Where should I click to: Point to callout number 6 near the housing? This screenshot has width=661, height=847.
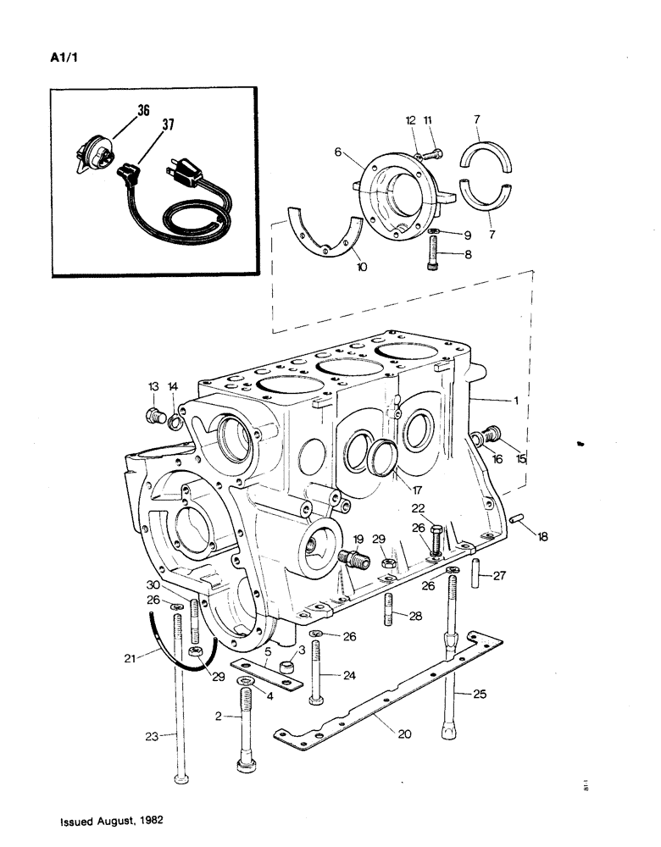(x=337, y=152)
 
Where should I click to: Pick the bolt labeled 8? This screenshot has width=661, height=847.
(x=434, y=252)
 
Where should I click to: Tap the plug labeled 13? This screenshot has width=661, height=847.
(x=155, y=415)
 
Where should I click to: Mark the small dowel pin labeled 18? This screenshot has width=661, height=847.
(x=519, y=518)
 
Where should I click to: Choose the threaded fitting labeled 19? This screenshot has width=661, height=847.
(x=351, y=559)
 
